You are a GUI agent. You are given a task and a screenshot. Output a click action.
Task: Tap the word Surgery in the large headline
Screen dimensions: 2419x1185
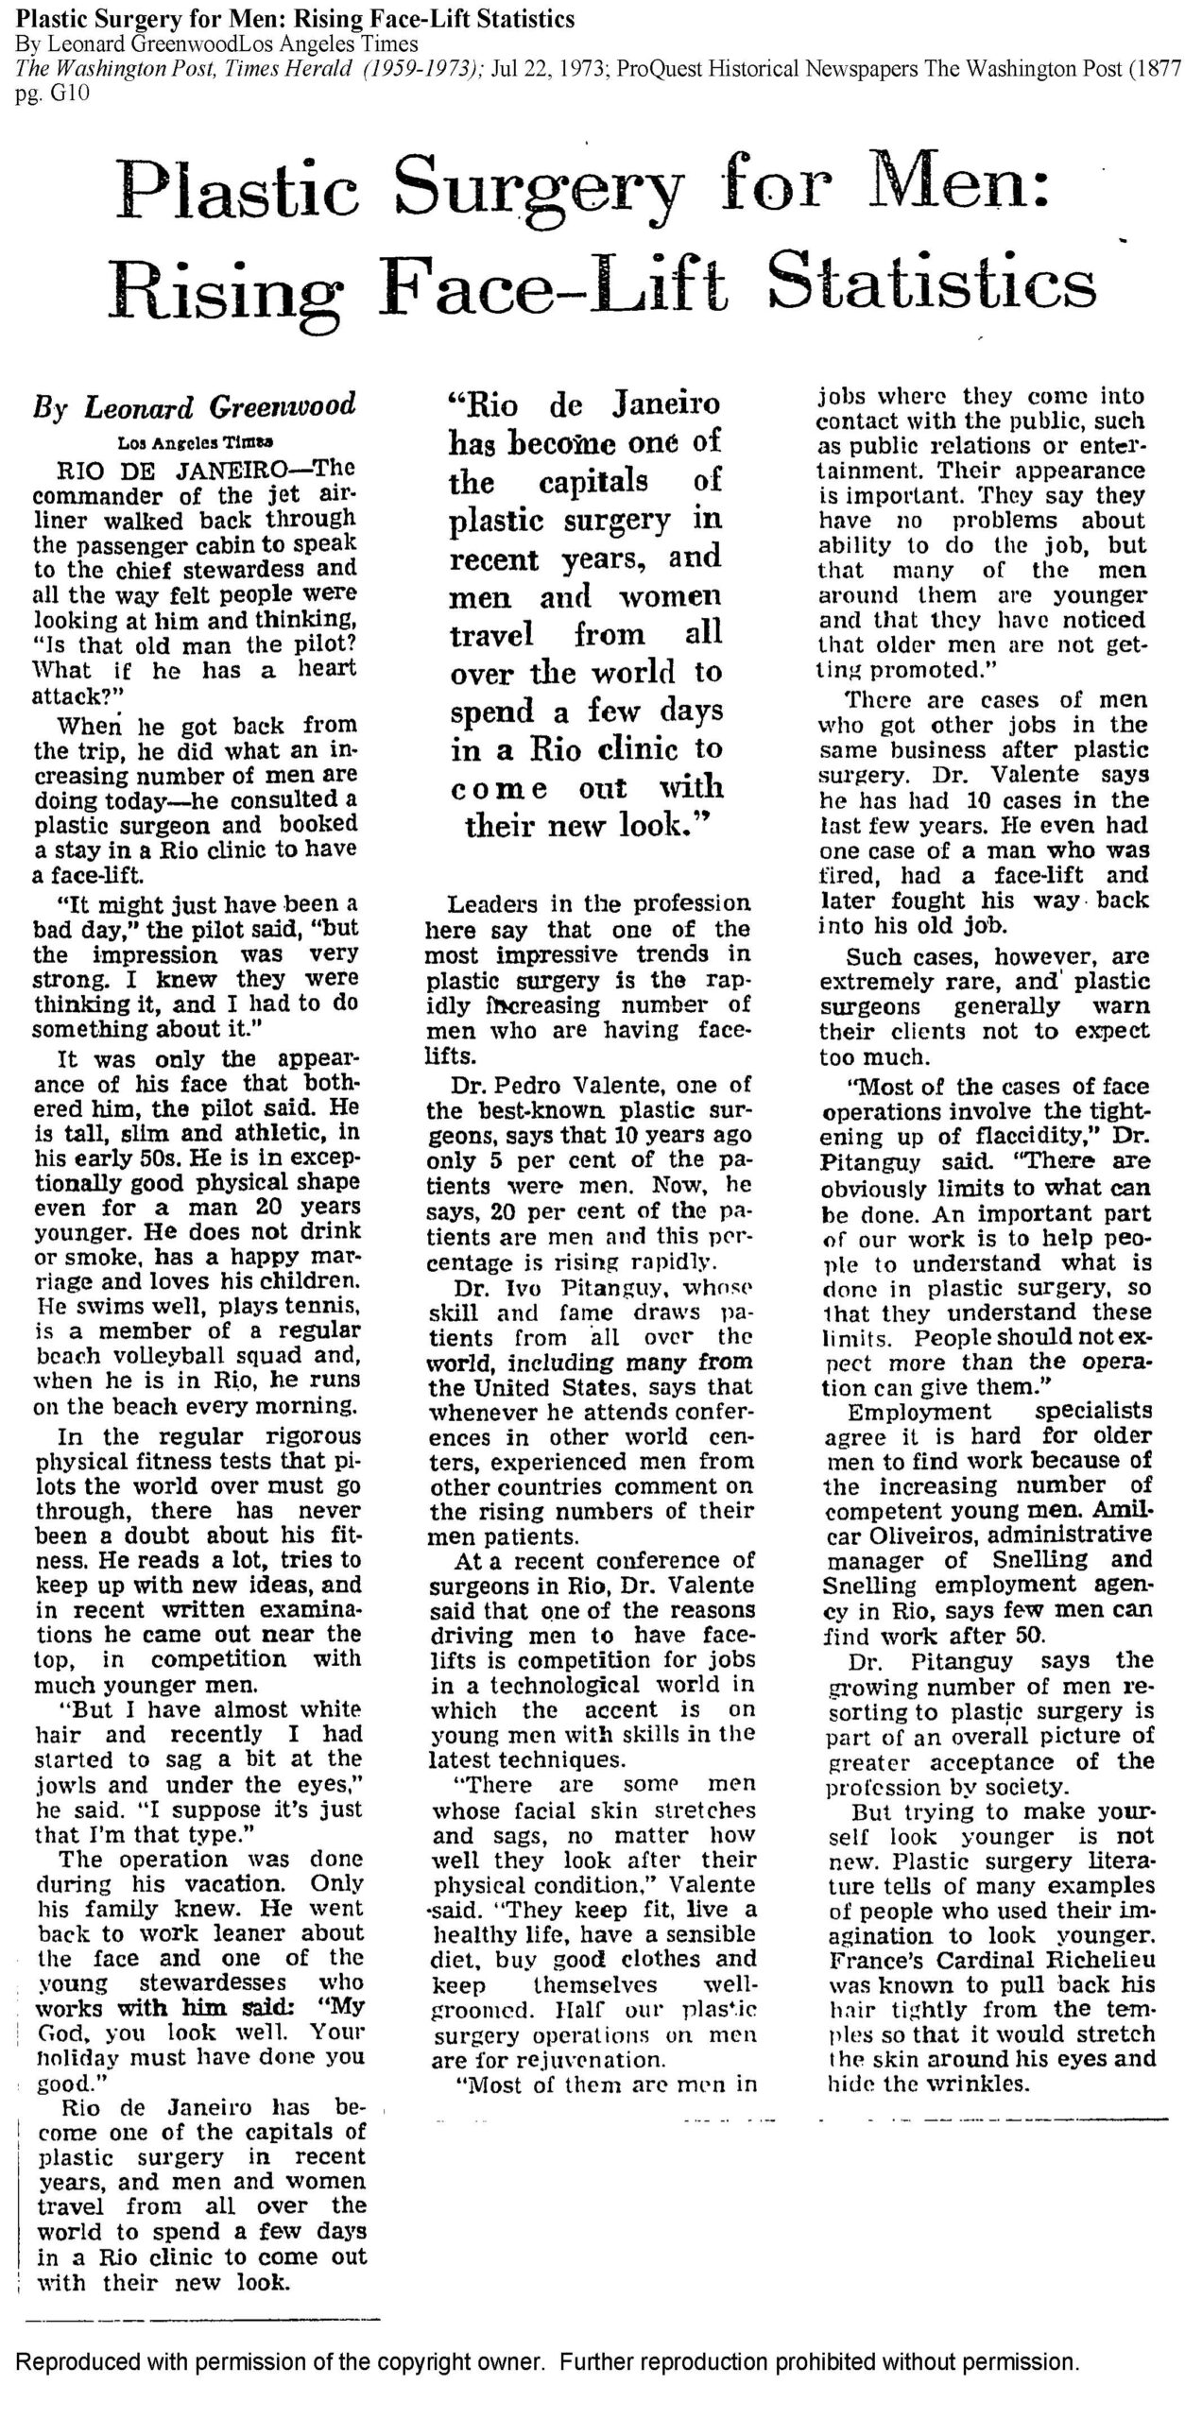(539, 183)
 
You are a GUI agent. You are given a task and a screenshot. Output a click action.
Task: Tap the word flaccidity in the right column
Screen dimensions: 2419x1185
(1014, 1137)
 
